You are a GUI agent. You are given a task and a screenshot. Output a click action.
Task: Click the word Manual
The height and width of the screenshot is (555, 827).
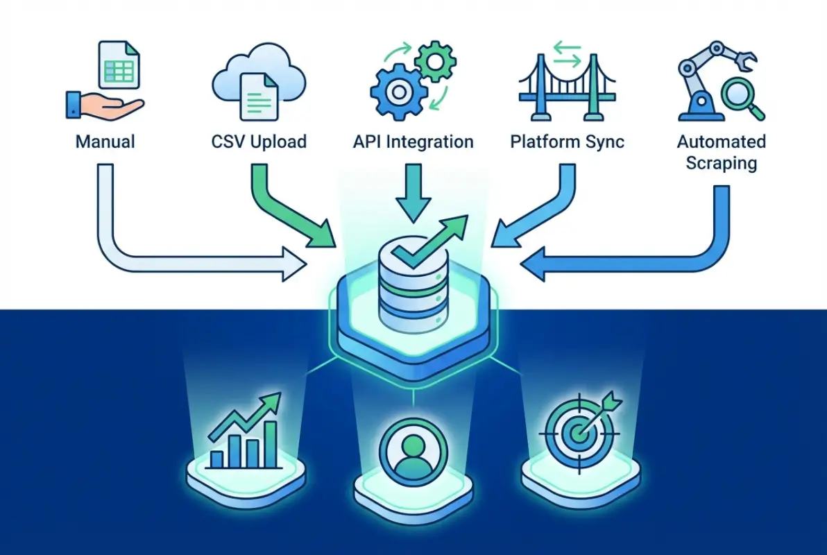tap(105, 142)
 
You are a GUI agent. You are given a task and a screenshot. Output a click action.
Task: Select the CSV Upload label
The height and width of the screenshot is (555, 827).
tap(259, 142)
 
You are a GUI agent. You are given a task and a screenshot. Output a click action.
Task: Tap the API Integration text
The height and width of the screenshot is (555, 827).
tap(413, 142)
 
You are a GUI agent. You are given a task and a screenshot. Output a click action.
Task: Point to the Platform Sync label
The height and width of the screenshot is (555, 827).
tap(567, 142)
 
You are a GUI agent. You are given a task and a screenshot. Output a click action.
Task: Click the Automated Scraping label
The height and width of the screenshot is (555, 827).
tap(721, 153)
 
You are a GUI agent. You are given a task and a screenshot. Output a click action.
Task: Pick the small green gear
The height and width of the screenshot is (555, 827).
tap(436, 61)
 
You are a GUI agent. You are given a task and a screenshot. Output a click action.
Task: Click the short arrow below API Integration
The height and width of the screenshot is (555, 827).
tap(413, 194)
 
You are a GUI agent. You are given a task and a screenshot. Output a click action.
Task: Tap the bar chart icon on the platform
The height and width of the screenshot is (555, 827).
tap(245, 434)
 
